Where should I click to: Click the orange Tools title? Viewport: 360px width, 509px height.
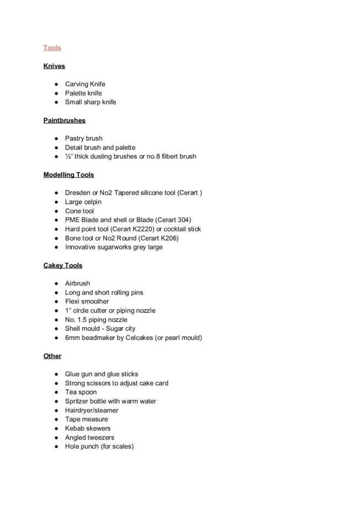52,48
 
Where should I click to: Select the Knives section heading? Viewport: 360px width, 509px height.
54,66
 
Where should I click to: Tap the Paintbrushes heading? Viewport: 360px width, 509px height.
64,120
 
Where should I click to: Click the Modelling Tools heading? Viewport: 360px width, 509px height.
68,174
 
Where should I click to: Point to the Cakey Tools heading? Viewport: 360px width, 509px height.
63,266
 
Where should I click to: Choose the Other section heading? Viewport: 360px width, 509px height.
52,356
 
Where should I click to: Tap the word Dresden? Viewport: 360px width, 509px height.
78,193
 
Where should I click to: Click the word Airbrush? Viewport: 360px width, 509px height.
77,284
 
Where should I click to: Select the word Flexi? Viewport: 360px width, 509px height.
72,301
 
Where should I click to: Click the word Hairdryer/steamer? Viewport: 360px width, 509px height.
92,410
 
